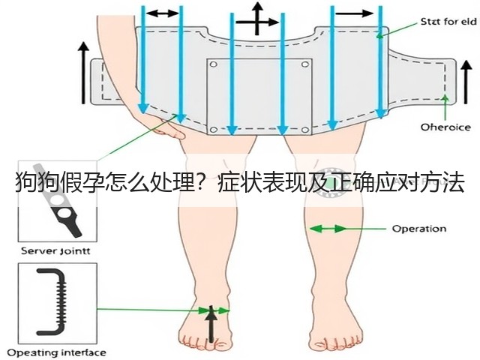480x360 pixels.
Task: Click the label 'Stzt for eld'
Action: [448, 22]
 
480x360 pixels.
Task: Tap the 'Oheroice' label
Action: [445, 127]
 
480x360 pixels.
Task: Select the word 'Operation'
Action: [419, 229]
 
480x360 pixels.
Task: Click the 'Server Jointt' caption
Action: [55, 251]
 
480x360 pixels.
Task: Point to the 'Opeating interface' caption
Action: [57, 352]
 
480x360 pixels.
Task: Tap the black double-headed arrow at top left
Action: [162, 13]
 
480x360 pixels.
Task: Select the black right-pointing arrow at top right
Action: [355, 13]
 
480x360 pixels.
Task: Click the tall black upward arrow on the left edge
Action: [83, 73]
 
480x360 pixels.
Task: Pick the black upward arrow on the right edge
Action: [466, 82]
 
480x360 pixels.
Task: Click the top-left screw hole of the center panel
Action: [213, 64]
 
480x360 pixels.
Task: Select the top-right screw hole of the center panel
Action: [305, 64]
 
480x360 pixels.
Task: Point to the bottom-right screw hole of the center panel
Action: [305, 130]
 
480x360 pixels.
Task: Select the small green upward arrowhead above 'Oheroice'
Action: [445, 98]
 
